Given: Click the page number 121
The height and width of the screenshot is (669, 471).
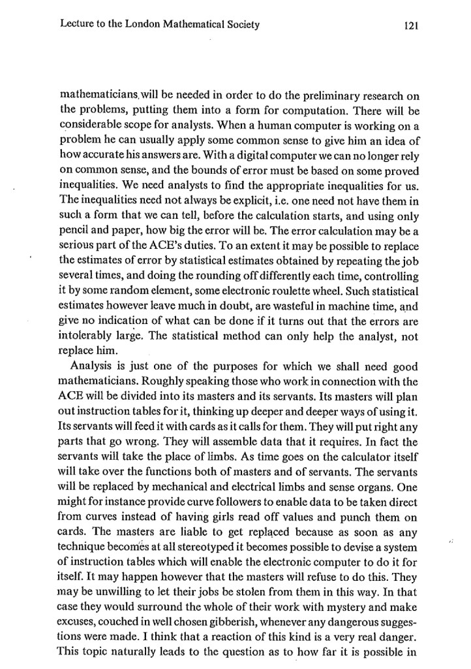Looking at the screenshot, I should (x=410, y=26).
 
